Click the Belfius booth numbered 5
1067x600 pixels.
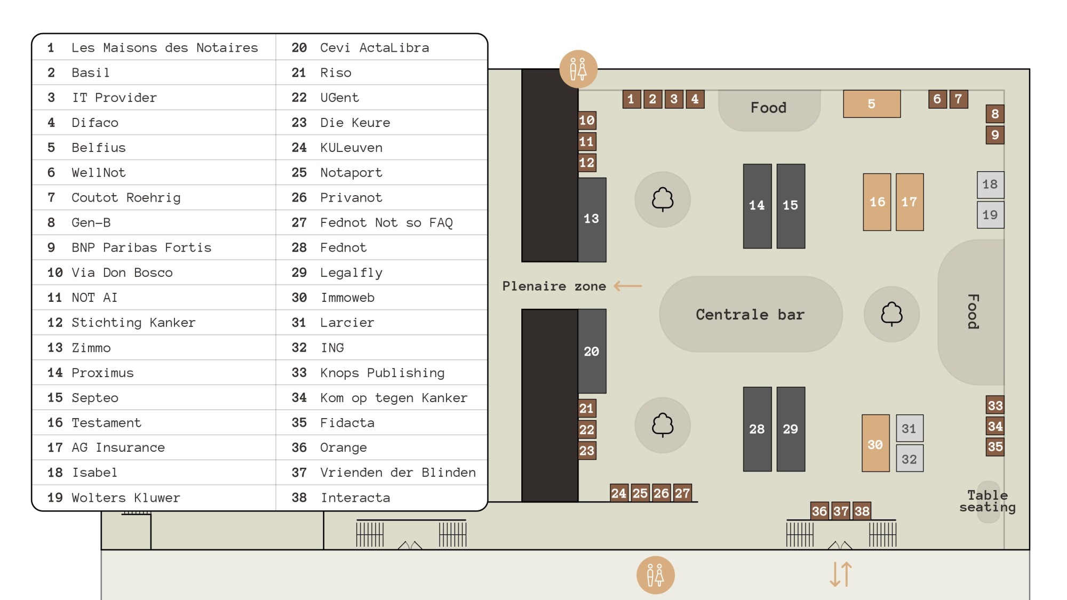pos(872,104)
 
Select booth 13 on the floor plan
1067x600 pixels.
pos(592,219)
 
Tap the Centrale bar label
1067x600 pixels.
pos(750,315)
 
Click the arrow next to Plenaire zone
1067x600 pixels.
pos(628,286)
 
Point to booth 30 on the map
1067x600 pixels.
pos(875,443)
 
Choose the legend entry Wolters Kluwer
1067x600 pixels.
pos(126,498)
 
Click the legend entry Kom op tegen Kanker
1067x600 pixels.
pos(394,398)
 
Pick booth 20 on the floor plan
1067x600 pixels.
pos(592,351)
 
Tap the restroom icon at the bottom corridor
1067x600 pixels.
pos(656,575)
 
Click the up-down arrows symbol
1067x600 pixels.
pos(841,574)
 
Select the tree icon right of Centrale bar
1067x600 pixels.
pos(891,314)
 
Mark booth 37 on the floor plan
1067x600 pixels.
pos(841,511)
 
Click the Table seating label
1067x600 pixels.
pos(988,501)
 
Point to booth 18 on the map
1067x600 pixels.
pos(990,185)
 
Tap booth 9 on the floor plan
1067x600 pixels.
pos(995,135)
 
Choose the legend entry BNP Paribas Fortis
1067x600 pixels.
pos(141,247)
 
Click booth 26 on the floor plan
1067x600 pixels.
pos(661,493)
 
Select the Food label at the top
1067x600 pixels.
pos(769,108)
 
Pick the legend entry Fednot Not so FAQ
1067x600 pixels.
pos(386,223)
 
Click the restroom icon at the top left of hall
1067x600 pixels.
pos(578,69)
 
